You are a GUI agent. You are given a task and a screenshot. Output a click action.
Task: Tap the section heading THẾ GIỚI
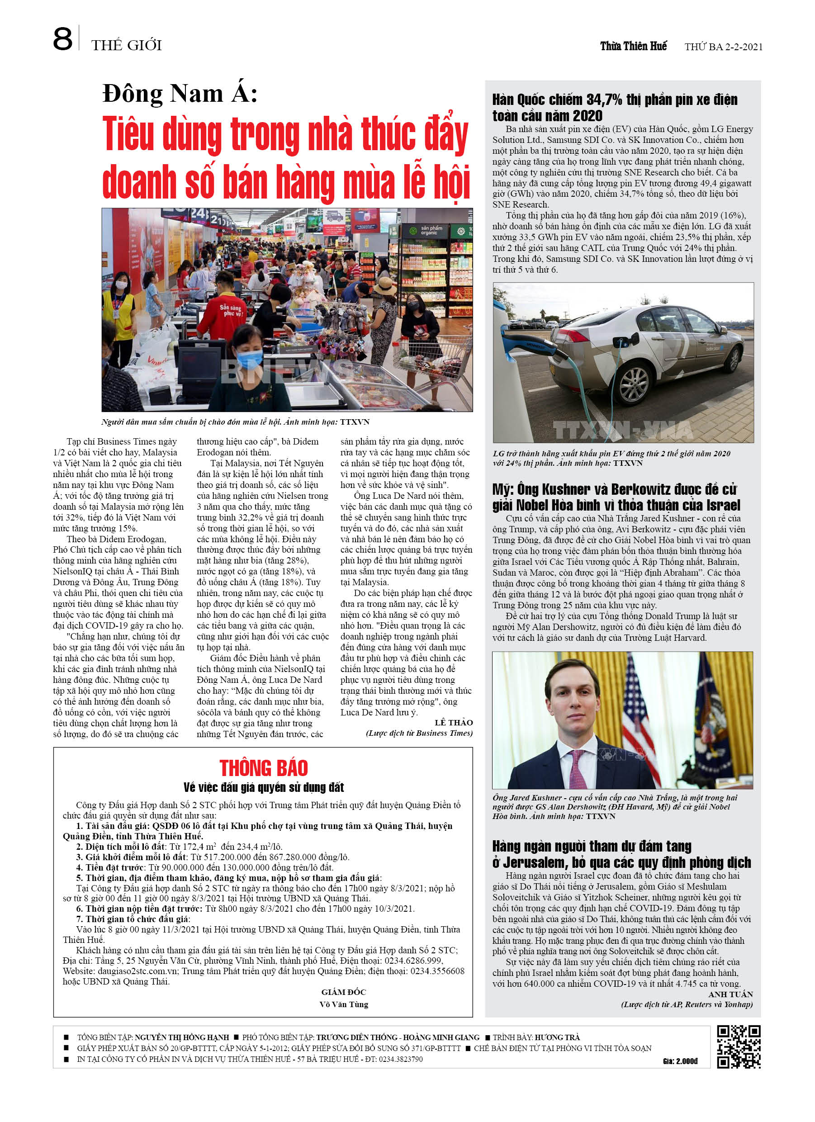tap(127, 46)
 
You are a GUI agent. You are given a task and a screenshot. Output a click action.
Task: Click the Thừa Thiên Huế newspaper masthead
tap(633, 47)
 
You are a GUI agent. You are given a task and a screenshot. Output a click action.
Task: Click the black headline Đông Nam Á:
tap(180, 94)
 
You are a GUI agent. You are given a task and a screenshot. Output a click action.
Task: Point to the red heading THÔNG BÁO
tap(263, 768)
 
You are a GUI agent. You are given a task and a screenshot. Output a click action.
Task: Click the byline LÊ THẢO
tap(453, 722)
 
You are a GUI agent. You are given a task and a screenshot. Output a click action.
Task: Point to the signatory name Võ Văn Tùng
tap(343, 1004)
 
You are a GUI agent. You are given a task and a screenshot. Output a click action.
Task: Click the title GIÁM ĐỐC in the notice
tap(343, 992)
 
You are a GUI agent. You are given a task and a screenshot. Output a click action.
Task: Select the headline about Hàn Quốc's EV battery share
tap(614, 107)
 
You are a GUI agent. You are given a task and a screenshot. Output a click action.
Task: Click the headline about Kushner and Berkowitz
tap(616, 497)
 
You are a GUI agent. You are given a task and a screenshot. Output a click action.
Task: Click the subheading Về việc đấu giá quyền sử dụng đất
tap(263, 787)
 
